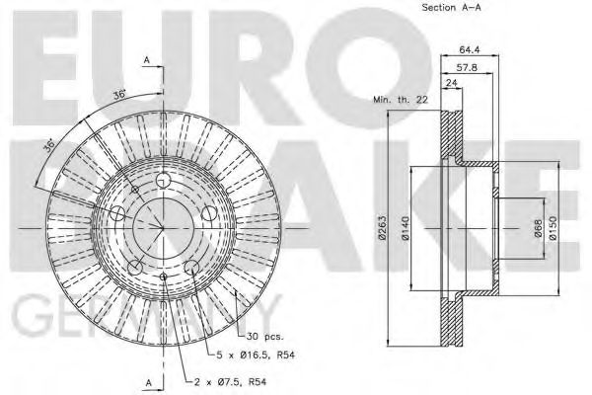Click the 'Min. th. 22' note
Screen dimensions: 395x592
[399, 101]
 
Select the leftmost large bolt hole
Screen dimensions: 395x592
[117, 214]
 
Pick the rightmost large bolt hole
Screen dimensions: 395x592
[208, 214]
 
